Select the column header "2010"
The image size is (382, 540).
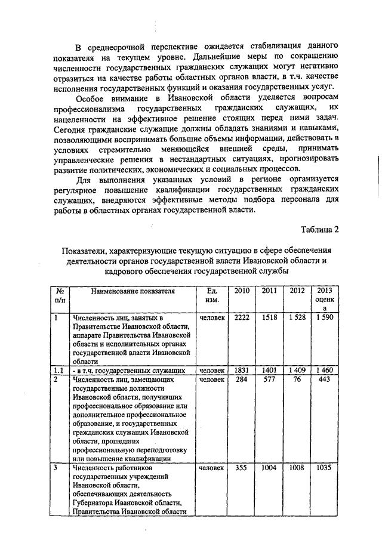[x=242, y=291]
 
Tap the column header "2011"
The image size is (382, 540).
[x=269, y=291]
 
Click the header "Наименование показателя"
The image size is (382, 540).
[x=133, y=291]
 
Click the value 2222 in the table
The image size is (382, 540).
[x=242, y=318]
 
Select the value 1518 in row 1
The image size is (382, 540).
[x=269, y=318]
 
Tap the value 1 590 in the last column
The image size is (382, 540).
[x=325, y=318]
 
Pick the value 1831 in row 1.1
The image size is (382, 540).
[x=242, y=371]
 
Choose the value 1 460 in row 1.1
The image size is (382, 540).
[x=325, y=371]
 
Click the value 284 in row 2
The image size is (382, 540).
[x=242, y=379]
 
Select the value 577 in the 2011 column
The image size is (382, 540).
[x=269, y=379]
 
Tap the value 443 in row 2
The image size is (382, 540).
[x=325, y=379]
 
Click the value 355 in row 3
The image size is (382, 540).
[x=242, y=468]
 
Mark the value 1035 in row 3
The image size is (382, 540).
[x=325, y=468]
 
